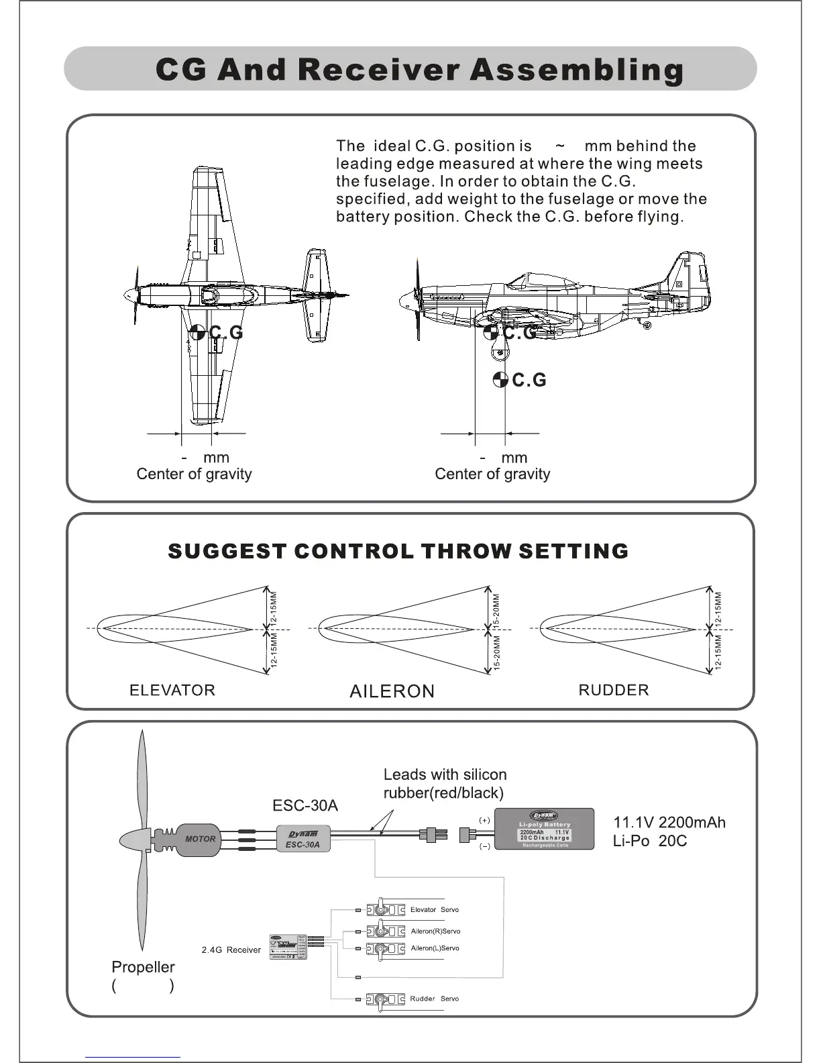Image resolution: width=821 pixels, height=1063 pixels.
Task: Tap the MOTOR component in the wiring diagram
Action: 199,839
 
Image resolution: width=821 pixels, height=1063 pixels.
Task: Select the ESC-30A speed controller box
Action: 303,839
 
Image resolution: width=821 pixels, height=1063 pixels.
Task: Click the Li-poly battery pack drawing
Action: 545,829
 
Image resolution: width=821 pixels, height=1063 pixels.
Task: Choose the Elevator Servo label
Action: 434,910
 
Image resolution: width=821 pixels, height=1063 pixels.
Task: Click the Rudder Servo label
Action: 434,999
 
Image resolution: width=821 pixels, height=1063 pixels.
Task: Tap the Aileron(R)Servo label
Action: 435,931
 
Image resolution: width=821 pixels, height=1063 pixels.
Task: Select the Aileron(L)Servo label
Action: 435,948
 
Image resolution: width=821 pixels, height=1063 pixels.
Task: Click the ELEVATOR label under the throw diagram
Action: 172,691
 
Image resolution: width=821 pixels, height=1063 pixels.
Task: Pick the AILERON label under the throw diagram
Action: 392,691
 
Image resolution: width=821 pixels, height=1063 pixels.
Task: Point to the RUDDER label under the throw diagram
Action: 614,691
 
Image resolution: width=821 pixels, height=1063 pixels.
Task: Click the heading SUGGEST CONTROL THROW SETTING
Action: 398,552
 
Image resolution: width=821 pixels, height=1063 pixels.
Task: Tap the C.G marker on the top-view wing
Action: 197,332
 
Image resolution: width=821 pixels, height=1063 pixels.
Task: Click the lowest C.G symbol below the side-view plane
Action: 500,380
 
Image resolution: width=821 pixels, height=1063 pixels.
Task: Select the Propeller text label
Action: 143,967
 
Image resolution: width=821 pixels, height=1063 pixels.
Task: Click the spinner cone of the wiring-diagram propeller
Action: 134,840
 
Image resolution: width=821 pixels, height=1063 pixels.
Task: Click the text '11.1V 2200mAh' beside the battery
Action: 669,823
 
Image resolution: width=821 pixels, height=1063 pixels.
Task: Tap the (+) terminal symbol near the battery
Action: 484,820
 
